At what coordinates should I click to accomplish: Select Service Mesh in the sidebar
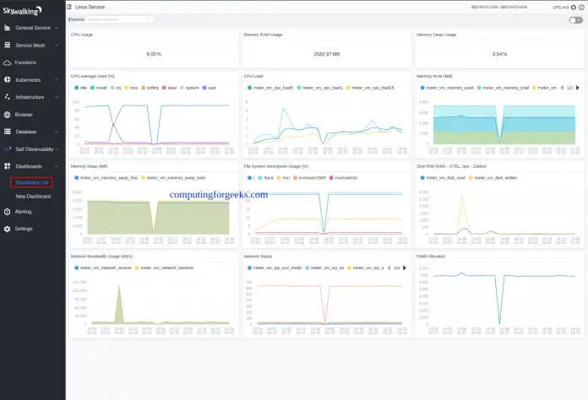(x=31, y=45)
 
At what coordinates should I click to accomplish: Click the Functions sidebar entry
(x=25, y=62)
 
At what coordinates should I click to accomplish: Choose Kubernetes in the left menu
(x=28, y=79)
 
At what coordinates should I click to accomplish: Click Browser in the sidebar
(x=24, y=114)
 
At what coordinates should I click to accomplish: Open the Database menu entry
(x=25, y=132)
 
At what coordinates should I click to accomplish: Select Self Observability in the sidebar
(x=35, y=149)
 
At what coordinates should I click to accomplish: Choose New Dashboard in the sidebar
(x=33, y=196)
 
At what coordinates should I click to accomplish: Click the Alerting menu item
(x=24, y=212)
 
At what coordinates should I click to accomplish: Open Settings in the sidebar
(x=24, y=229)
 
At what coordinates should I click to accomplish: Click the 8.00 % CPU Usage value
(x=153, y=54)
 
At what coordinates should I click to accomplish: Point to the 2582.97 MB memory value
(x=325, y=54)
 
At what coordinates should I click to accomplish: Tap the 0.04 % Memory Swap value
(x=498, y=54)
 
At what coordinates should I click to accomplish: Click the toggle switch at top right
(x=575, y=19)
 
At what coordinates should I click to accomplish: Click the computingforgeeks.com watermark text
(x=218, y=194)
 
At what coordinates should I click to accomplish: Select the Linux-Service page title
(x=90, y=7)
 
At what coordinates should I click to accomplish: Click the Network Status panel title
(x=258, y=255)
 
